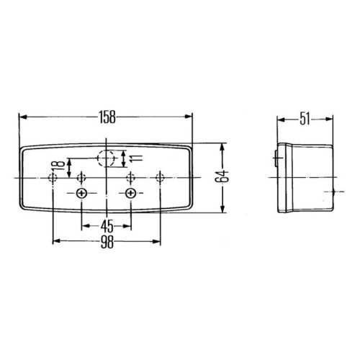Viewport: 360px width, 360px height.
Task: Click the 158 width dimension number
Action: coord(107,117)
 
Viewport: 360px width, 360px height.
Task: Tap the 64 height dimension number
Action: coord(222,176)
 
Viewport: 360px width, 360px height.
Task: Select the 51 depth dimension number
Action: coord(305,119)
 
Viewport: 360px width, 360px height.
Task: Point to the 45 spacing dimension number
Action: coord(107,226)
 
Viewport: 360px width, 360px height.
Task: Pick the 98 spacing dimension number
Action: coord(107,242)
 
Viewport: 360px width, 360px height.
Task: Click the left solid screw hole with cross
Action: coord(81,193)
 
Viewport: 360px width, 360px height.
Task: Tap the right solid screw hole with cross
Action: coord(131,193)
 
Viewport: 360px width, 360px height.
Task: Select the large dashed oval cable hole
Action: coord(106,158)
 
